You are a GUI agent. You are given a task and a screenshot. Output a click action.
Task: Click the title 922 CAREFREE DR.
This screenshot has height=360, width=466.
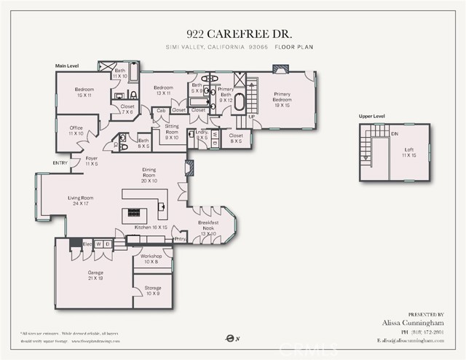click(232, 34)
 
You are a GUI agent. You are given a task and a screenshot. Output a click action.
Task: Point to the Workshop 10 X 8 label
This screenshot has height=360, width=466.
click(151, 259)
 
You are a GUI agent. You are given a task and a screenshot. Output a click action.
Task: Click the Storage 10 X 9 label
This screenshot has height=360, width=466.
click(152, 290)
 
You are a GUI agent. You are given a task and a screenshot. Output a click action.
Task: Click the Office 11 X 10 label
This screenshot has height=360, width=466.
click(76, 131)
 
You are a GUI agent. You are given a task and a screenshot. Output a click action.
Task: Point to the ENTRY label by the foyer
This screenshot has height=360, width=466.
click(60, 163)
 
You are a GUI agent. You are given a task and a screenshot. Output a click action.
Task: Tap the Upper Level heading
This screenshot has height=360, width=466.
click(372, 116)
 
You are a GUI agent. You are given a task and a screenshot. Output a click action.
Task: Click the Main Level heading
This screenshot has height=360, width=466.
click(67, 66)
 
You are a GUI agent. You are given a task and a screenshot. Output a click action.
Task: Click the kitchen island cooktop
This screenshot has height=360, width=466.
click(135, 213)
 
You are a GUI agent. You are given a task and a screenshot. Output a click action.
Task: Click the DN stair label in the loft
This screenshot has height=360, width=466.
click(395, 133)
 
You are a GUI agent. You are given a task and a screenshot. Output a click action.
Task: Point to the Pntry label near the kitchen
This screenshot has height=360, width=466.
click(180, 238)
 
